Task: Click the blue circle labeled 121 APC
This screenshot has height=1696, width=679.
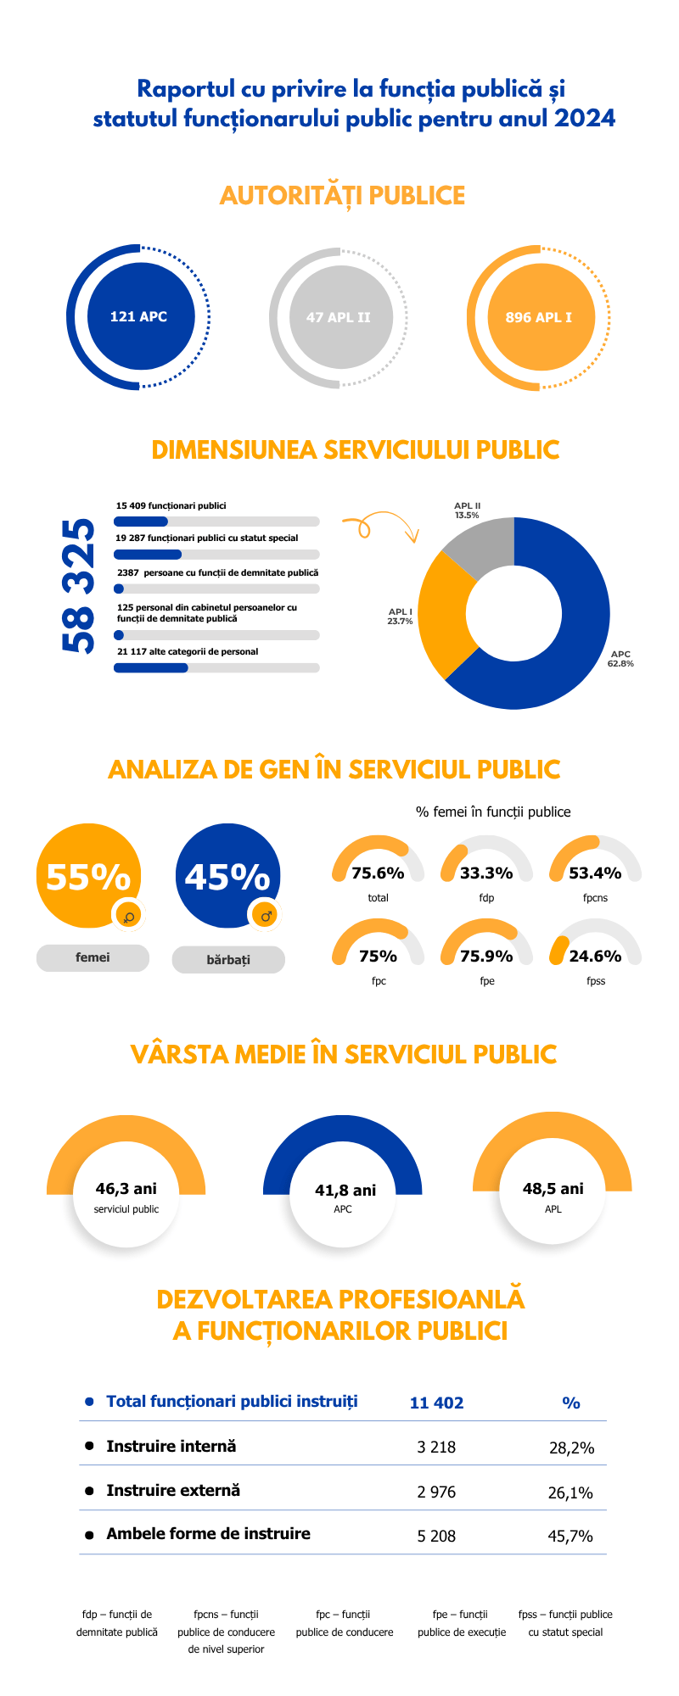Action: pyautogui.click(x=140, y=317)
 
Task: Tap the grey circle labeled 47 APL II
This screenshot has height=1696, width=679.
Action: pyautogui.click(x=339, y=317)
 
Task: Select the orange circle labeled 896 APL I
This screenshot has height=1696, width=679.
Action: pyautogui.click(x=540, y=317)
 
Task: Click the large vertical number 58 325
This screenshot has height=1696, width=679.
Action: pyautogui.click(x=79, y=585)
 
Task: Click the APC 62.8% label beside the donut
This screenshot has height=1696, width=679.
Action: pyautogui.click(x=620, y=659)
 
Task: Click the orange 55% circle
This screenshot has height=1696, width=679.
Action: pyautogui.click(x=88, y=875)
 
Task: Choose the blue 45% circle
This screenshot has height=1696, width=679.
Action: pyautogui.click(x=227, y=875)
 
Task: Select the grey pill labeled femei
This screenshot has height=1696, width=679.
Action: pyautogui.click(x=93, y=957)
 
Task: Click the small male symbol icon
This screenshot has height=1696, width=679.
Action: pyautogui.click(x=266, y=916)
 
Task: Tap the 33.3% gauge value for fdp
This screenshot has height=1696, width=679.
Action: pyautogui.click(x=486, y=873)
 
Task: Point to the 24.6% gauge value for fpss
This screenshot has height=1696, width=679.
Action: pyautogui.click(x=595, y=956)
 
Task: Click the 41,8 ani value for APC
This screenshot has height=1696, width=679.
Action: pyautogui.click(x=345, y=1191)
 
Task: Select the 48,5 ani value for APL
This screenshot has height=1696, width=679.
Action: pyautogui.click(x=553, y=1189)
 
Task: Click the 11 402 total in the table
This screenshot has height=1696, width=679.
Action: pyautogui.click(x=436, y=1403)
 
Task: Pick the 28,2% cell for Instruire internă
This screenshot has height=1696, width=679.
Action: pyautogui.click(x=571, y=1448)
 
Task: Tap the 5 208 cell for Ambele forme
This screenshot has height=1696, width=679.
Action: pyautogui.click(x=436, y=1536)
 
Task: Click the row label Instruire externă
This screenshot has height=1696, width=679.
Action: pyautogui.click(x=173, y=1490)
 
